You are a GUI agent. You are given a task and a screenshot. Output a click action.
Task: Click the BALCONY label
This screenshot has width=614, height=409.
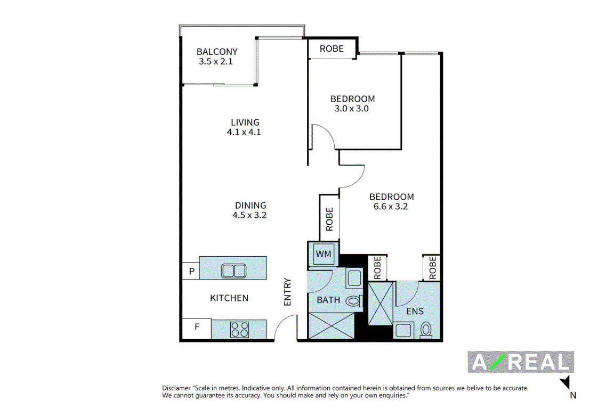point(217,52)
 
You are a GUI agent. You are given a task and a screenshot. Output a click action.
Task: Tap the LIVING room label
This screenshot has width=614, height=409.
point(245,122)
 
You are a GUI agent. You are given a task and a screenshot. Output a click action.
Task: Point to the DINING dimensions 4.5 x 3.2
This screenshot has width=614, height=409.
point(249,215)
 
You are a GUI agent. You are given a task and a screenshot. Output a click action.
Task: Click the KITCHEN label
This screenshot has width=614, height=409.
point(229,298)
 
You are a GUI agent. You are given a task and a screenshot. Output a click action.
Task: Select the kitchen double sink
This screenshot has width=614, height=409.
point(234,271)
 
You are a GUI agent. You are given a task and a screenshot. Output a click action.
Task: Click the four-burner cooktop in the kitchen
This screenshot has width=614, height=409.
point(240,329)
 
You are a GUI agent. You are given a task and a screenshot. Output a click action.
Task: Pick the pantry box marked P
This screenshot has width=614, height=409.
point(191,271)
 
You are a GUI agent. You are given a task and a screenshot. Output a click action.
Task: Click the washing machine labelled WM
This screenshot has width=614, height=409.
point(324,254)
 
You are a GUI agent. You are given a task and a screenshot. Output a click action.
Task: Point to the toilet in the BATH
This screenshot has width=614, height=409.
point(354,301)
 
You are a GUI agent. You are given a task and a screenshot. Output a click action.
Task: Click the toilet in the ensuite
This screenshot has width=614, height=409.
point(426,330)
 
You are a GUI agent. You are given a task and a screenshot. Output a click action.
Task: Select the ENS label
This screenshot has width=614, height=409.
point(415,312)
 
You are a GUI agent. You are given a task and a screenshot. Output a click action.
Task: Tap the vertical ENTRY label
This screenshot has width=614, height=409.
point(287,292)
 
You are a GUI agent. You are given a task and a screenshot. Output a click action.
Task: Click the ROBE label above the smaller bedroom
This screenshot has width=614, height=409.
point(332,48)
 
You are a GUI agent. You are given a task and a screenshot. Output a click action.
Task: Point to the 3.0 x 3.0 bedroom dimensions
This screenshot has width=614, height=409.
point(352,109)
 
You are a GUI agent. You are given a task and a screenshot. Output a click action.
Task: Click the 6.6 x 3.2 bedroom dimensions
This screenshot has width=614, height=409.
point(390,206)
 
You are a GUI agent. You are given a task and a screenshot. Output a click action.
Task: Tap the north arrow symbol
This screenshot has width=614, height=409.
point(565,382)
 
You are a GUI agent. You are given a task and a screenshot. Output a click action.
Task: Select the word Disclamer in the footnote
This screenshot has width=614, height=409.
point(176,388)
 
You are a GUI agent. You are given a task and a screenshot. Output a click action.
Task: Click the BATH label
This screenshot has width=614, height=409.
point(328,300)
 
